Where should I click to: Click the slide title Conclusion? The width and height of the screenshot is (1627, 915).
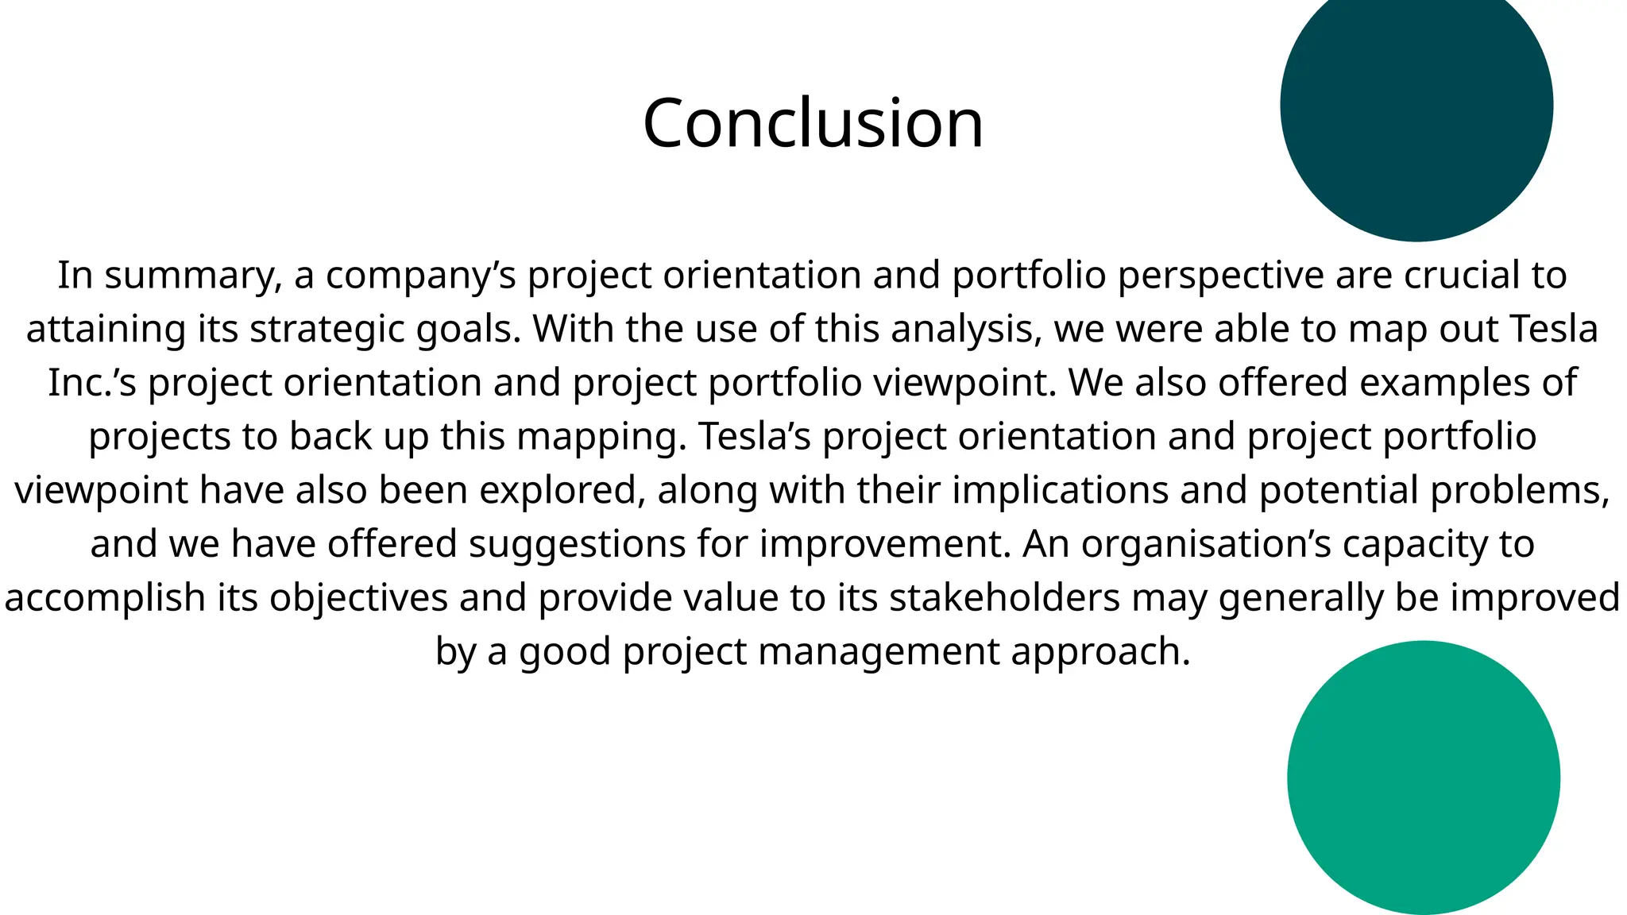(813, 123)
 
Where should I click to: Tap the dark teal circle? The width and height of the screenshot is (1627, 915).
(1416, 105)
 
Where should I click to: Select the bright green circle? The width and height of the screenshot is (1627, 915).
(1423, 778)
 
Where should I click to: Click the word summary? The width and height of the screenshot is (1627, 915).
(193, 276)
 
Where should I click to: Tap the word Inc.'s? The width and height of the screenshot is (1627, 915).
(92, 383)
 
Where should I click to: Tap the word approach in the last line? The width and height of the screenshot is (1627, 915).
(1100, 651)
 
